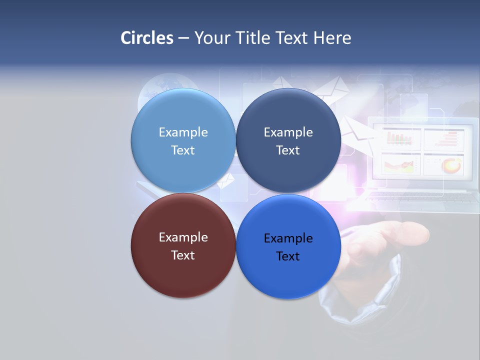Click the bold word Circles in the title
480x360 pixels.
pyautogui.click(x=147, y=38)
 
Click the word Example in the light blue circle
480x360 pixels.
pyautogui.click(x=183, y=132)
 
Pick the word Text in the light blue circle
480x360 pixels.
pyautogui.click(x=183, y=150)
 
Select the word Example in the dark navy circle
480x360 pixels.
pyautogui.click(x=288, y=132)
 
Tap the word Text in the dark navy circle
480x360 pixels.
pyautogui.click(x=288, y=150)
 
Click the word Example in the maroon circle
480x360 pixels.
pyautogui.click(x=183, y=237)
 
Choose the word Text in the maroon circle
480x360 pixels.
pyautogui.click(x=183, y=255)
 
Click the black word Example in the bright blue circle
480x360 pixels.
pyautogui.click(x=288, y=238)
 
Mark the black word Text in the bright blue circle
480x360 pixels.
pyautogui.click(x=288, y=256)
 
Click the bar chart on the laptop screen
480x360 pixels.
pyautogui.click(x=401, y=138)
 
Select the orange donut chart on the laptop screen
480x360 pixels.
pyautogui.click(x=451, y=164)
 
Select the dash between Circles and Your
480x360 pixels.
pyautogui.click(x=183, y=38)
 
